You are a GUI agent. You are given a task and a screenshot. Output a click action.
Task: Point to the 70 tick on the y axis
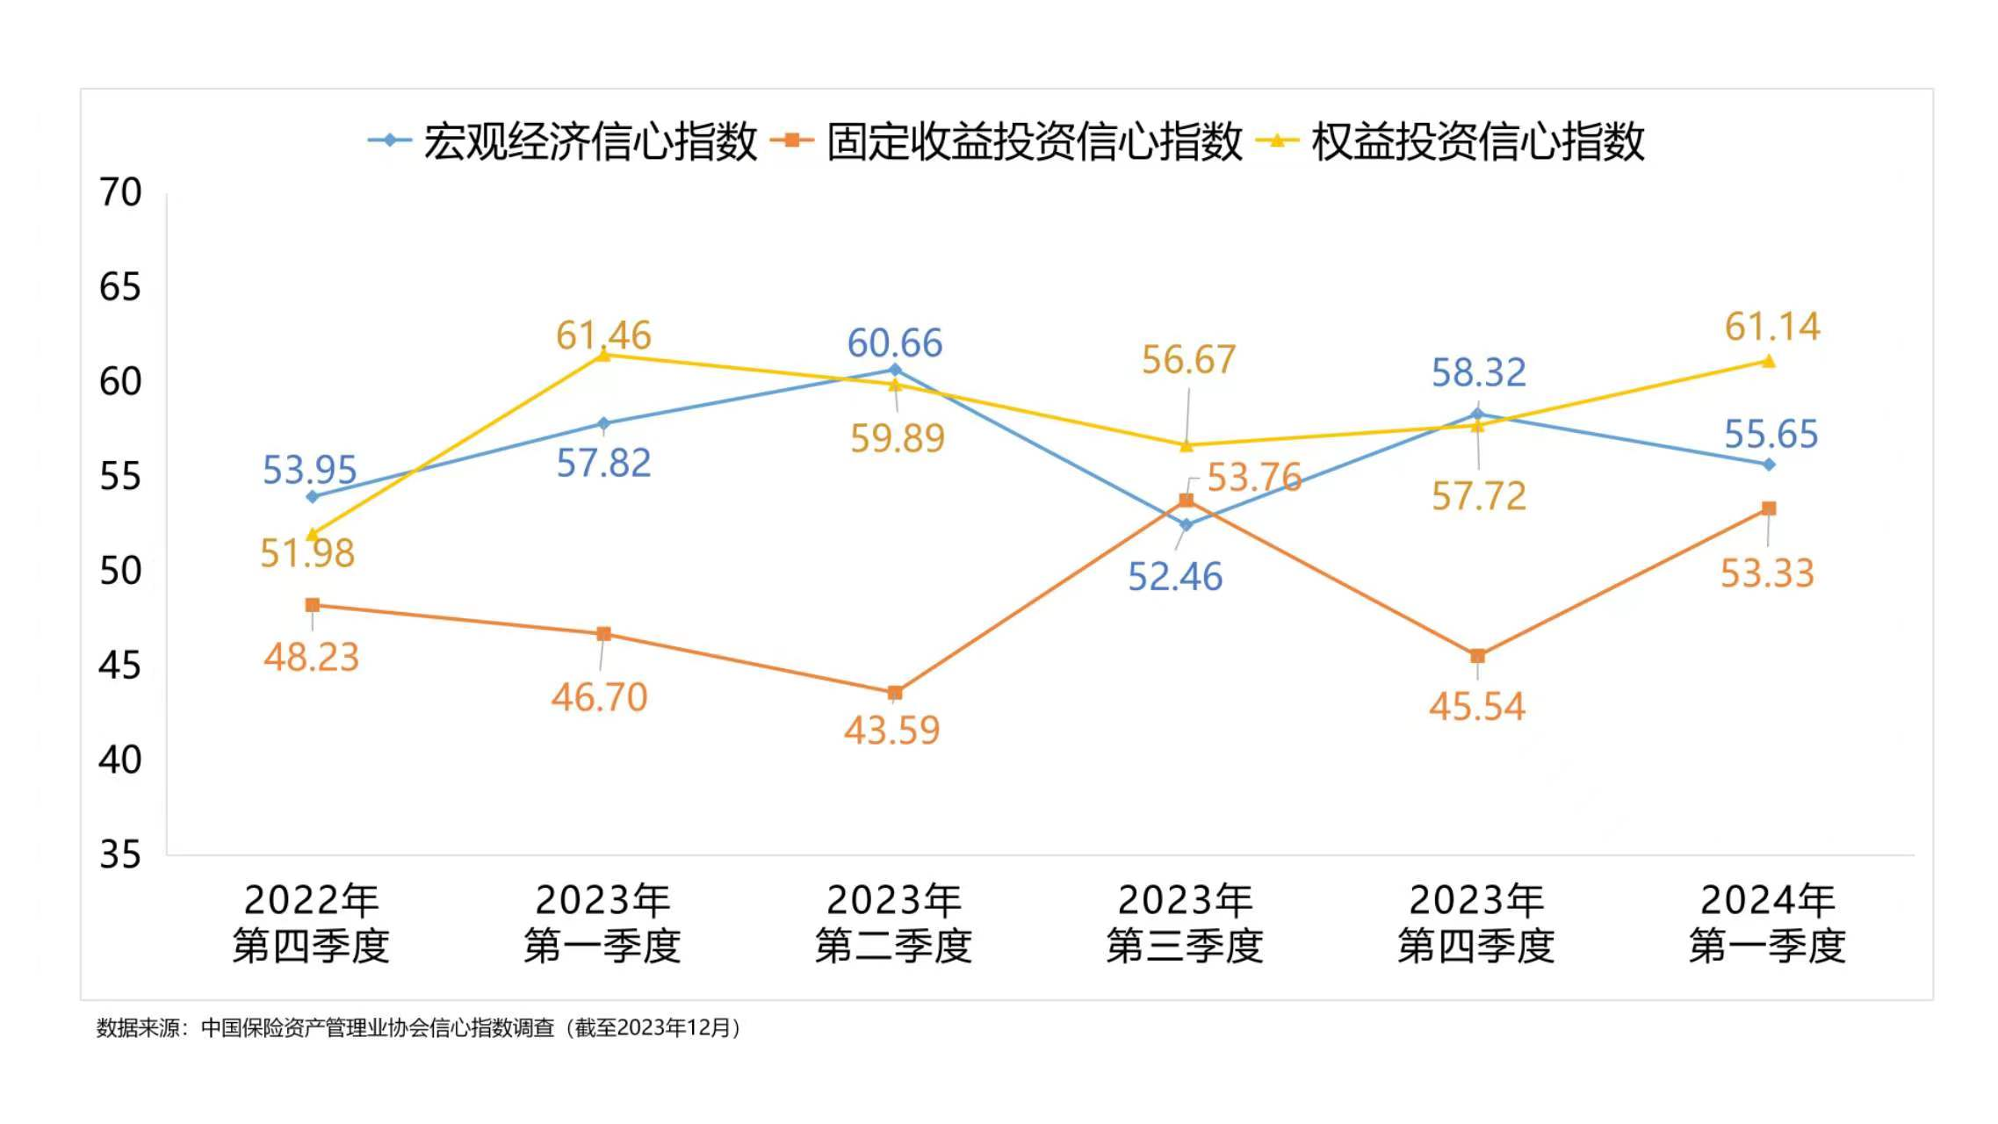tap(120, 192)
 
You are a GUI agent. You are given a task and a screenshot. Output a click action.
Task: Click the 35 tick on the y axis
tap(120, 854)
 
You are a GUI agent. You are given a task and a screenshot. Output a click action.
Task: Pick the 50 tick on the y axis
tap(120, 571)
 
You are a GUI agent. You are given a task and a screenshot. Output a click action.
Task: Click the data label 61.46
tap(603, 335)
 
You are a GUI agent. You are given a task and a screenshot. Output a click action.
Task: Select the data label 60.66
tap(894, 342)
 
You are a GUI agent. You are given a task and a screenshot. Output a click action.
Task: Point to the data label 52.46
tap(1174, 577)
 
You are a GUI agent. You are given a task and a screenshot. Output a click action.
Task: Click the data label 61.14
tap(1772, 327)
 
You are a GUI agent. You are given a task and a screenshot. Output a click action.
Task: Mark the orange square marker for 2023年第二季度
tap(895, 693)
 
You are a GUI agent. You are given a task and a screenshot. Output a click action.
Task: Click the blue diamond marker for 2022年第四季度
tap(312, 497)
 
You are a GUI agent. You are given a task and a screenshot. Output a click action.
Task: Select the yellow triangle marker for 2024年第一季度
tap(1769, 361)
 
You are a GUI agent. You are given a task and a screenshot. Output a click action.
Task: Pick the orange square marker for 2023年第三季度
tap(1186, 501)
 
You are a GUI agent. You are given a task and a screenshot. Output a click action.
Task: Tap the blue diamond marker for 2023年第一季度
tap(603, 424)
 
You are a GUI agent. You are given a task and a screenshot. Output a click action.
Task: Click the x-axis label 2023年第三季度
tap(1185, 923)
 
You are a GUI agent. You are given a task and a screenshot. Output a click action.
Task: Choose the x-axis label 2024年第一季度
tap(1767, 923)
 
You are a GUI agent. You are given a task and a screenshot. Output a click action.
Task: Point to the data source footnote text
tap(419, 1027)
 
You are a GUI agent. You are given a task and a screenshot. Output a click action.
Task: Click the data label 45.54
tap(1477, 707)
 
